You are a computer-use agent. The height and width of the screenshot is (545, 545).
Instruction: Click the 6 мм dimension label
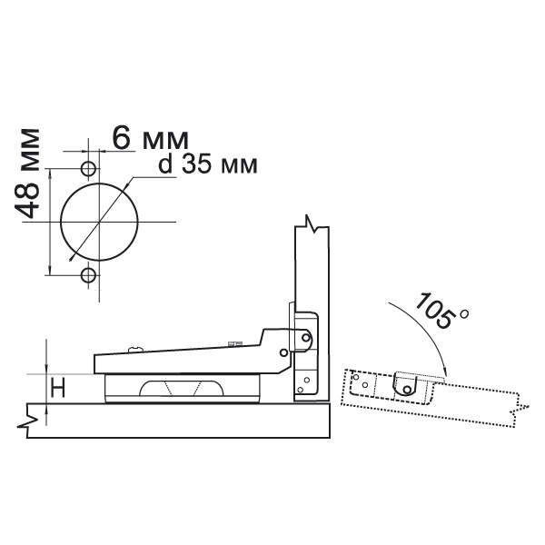(150, 139)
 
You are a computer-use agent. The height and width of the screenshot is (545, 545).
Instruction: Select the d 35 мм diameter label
(208, 165)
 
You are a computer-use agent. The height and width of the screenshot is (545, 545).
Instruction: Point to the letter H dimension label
(58, 388)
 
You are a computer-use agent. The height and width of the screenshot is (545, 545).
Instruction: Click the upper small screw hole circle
(88, 169)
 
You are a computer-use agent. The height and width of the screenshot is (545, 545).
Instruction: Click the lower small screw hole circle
(88, 275)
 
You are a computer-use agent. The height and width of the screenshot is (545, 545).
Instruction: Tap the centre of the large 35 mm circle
(99, 222)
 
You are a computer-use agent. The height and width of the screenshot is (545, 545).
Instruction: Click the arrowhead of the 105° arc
(446, 372)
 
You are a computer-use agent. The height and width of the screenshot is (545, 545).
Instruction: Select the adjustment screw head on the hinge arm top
(135, 348)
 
